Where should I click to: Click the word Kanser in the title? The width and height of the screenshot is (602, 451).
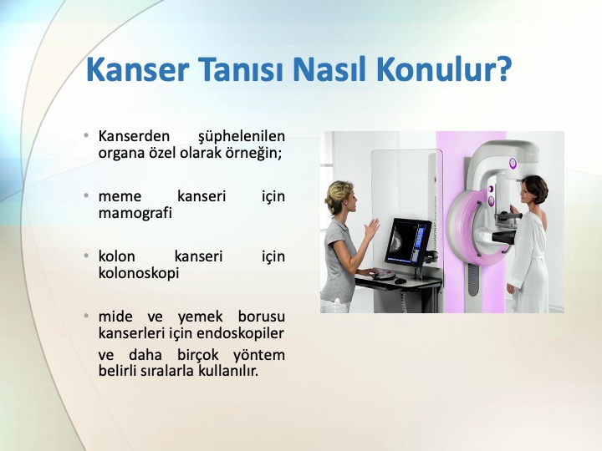137,69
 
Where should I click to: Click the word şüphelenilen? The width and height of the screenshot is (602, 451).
242,137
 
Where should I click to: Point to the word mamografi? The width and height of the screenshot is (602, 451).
135,213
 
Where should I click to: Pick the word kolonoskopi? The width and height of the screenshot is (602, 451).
139,273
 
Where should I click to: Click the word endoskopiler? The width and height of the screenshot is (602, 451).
240,333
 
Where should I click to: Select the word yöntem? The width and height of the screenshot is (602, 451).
258,355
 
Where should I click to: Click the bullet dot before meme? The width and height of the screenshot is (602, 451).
86,195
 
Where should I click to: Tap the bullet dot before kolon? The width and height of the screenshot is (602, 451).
86,256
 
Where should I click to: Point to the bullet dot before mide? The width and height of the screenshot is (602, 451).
86,316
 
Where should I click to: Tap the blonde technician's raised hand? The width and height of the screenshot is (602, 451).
371,230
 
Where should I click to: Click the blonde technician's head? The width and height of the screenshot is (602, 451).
339,197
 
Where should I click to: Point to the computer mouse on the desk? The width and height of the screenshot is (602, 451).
400,281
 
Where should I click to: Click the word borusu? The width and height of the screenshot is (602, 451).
261,317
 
